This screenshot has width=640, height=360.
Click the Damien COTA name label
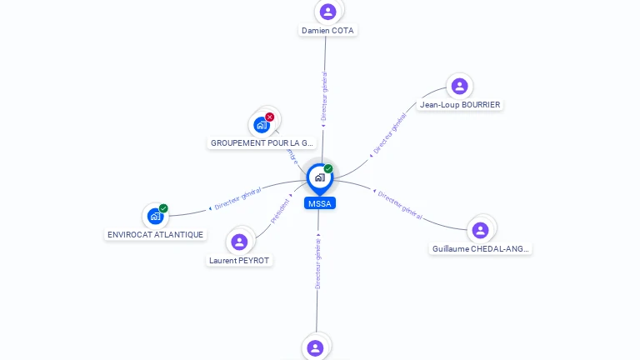coord(327,30)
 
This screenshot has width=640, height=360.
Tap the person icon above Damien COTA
coord(327,12)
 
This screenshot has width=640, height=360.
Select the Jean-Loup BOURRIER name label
coord(460,105)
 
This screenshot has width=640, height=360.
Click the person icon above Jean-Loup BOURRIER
coord(459,86)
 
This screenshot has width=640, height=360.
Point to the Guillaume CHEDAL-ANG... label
coord(481,248)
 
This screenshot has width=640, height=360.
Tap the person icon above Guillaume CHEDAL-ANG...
coord(480,230)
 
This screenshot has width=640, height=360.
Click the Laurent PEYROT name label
coord(240,260)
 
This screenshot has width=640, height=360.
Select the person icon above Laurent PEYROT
coord(240,242)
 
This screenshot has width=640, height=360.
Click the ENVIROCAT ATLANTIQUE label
coord(156,234)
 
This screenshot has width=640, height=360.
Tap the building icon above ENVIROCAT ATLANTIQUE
coord(155,217)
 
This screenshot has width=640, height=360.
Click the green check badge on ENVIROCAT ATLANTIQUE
coord(163,208)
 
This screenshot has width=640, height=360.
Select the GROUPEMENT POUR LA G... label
coord(262,143)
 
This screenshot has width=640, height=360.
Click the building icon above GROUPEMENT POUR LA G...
coord(262,126)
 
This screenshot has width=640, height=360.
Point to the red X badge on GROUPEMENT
coord(270,117)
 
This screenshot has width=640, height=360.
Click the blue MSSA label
coord(320,203)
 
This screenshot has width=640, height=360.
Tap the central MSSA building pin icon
coord(319,177)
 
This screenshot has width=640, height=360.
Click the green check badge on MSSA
coord(328,169)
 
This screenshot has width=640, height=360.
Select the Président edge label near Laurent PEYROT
coord(281,212)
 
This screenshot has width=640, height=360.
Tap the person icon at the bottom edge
coord(315,347)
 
